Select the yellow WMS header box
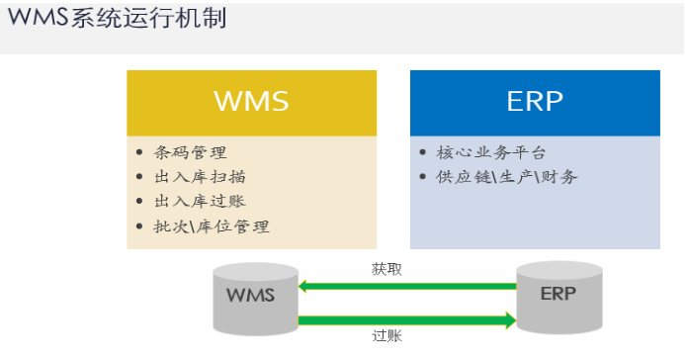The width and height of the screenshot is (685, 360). coord(251,102)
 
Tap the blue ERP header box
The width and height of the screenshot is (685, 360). coord(535,102)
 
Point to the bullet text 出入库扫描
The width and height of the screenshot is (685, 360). coord(201,177)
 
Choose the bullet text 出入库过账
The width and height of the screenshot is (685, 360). coord(201,201)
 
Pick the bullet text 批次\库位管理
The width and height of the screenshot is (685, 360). coord(212,225)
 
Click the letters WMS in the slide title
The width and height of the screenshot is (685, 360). coord(38,19)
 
